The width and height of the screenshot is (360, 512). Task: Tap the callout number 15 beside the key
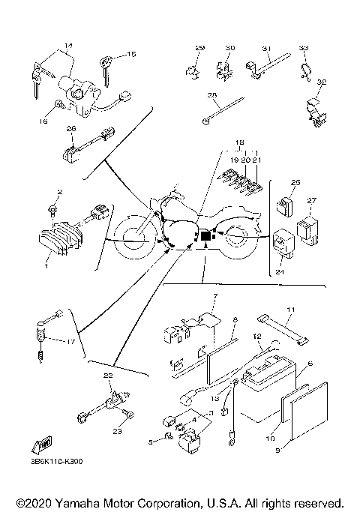(x=132, y=54)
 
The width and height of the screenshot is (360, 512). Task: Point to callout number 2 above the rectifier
(x=51, y=193)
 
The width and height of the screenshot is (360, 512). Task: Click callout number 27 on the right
(x=313, y=200)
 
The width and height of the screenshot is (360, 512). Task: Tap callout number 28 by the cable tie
(x=211, y=95)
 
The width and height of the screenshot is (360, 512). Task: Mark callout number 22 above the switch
(x=108, y=374)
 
